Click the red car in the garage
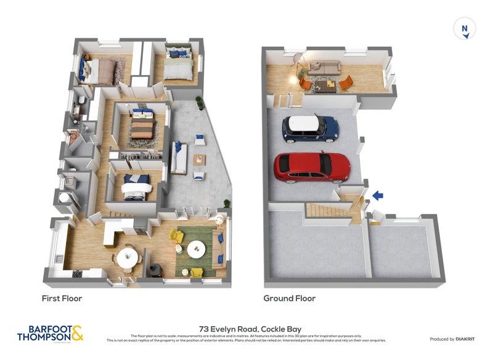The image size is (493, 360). pyautogui.click(x=312, y=166)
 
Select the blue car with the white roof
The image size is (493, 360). pyautogui.click(x=311, y=127)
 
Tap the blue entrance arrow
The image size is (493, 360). pyautogui.click(x=377, y=196)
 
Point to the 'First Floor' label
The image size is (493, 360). pyautogui.click(x=62, y=298)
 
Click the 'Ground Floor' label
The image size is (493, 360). pyautogui.click(x=290, y=298)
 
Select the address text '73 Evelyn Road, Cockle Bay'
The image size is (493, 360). pyautogui.click(x=246, y=329)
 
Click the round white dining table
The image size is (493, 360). pyautogui.click(x=128, y=258)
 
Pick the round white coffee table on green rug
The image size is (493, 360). pyautogui.click(x=197, y=249)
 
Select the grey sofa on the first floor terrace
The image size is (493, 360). pyautogui.click(x=179, y=158)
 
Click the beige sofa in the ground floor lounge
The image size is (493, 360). pyautogui.click(x=324, y=68)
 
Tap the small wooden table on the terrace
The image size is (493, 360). pyautogui.click(x=199, y=160)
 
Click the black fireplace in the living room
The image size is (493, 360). pyautogui.click(x=156, y=269)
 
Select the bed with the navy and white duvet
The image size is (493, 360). pyautogui.click(x=136, y=187)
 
